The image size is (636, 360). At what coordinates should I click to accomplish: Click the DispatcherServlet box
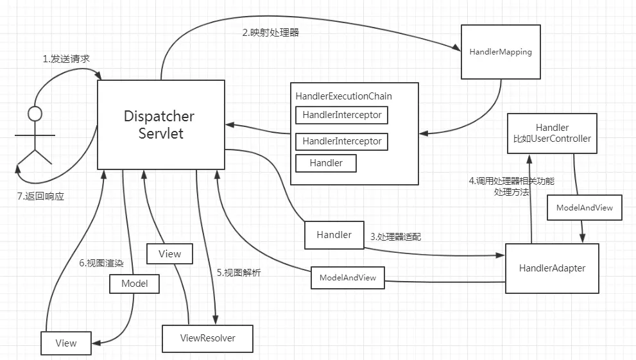coord(160,125)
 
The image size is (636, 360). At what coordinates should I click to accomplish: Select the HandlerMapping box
coord(500,52)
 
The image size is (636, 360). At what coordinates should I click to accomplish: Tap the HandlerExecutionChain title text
coord(343,96)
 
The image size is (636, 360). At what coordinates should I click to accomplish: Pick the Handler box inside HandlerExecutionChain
coord(325,163)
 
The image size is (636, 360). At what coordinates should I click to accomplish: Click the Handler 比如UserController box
coord(553,133)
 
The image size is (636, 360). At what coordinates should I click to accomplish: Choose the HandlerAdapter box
coord(552,268)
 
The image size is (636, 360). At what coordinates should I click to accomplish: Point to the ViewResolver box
coord(207,338)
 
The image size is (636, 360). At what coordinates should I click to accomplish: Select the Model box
coord(134,283)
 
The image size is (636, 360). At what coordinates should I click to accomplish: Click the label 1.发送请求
coord(66,58)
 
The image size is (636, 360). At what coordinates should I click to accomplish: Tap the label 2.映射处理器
coord(270,33)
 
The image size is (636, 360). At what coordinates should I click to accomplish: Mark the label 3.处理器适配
coord(395,236)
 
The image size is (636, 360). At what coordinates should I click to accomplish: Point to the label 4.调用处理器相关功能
coord(511,182)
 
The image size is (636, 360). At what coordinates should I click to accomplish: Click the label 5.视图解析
coord(238,273)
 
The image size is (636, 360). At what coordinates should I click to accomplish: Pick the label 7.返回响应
coord(40,196)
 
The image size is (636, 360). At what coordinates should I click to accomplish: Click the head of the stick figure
coord(34,114)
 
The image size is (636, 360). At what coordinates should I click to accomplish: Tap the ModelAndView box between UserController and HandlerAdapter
coord(584,208)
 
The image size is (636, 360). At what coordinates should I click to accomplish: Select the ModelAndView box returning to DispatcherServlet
coord(347,278)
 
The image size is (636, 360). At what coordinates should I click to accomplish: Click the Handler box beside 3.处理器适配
coord(334,235)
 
